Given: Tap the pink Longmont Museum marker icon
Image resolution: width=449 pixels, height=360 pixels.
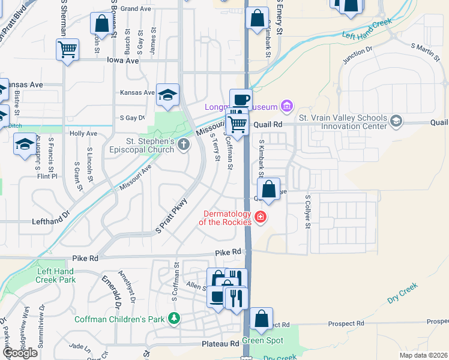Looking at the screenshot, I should point(287,107).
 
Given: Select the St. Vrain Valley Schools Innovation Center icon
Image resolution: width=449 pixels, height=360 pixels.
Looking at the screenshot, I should point(396,122).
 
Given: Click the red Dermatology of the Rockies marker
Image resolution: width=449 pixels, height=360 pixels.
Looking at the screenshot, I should point(260,217).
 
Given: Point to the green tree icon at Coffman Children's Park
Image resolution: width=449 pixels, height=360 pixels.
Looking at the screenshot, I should point(174,317).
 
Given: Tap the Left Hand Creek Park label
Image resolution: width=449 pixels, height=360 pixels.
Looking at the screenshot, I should point(55,275).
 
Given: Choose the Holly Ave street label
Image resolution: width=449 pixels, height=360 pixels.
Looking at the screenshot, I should point(83,133).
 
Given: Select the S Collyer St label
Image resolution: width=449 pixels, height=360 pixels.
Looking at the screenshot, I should point(307,211).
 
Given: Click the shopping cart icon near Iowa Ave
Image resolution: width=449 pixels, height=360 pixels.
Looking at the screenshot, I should point(68,49).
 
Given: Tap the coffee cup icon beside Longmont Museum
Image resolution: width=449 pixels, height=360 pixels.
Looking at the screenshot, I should point(241,99).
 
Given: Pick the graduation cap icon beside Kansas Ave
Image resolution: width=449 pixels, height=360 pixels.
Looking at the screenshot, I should point(168,94).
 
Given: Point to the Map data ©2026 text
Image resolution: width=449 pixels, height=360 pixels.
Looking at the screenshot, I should point(423,355).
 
